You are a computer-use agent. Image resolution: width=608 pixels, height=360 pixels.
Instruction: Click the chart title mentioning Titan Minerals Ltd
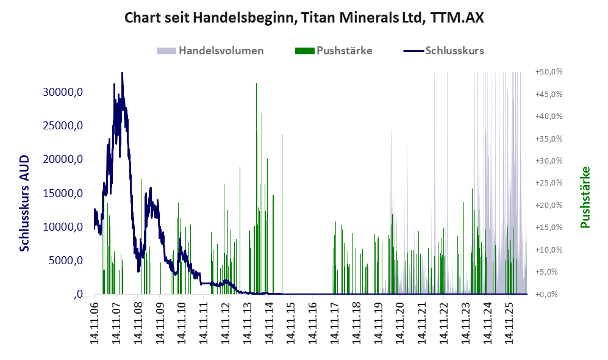coord(304,18)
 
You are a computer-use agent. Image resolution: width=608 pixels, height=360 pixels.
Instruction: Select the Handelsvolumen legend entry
coord(210,51)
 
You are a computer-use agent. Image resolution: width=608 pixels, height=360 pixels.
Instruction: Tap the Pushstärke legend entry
coord(334,51)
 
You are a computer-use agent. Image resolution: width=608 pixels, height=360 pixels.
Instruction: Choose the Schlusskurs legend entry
coord(443,51)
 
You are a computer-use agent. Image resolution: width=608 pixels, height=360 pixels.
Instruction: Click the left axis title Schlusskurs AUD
coord(24,203)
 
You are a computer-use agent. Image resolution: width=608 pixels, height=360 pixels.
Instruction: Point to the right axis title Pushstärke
coord(585,198)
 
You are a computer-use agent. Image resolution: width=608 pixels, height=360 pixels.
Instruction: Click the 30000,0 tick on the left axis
coord(63,92)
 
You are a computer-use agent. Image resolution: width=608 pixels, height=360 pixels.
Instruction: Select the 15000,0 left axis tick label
coord(63,193)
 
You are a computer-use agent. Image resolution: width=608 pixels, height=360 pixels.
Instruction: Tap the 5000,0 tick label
coord(65,261)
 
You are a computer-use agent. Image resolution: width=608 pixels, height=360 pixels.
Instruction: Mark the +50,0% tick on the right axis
coord(549,72)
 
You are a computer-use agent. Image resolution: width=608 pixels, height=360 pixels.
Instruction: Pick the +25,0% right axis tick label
coord(549,182)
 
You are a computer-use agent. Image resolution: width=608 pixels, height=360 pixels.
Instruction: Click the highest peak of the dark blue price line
coord(122,73)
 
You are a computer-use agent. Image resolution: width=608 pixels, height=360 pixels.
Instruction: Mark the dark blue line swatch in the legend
coord(413,51)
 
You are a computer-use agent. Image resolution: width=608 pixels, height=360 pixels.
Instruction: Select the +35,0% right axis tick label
coord(549,139)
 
